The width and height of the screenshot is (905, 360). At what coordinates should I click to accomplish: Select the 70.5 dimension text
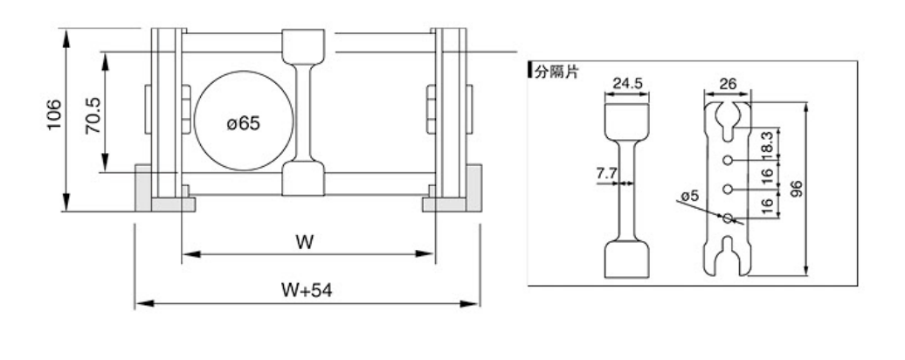pos(91,114)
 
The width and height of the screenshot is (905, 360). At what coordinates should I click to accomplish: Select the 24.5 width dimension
pos(627,84)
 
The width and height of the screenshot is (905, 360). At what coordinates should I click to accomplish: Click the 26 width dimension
pos(727,84)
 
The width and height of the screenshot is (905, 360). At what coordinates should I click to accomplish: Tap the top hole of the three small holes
pos(727,160)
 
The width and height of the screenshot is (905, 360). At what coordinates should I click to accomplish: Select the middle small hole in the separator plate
pos(727,188)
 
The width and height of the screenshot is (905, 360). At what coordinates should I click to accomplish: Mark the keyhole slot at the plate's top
pos(727,117)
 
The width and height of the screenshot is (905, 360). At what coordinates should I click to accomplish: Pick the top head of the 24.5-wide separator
pos(628,119)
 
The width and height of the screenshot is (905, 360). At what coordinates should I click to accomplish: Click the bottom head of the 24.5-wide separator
pos(628,259)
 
